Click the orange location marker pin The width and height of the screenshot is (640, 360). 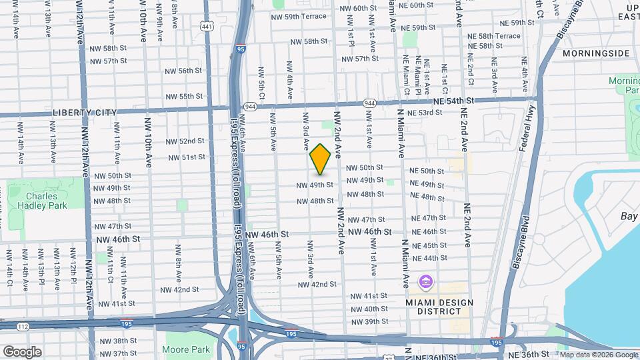321,159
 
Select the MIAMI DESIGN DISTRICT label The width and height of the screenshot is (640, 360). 439,307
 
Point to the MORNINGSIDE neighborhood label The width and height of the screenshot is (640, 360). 596,53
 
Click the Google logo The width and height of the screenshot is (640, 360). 23,351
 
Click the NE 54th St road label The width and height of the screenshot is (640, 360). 453,100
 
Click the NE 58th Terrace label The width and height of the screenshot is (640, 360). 493,35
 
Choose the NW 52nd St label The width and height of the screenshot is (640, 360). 183,141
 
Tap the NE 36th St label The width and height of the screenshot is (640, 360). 527,354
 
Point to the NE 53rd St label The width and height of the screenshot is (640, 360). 425,113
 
